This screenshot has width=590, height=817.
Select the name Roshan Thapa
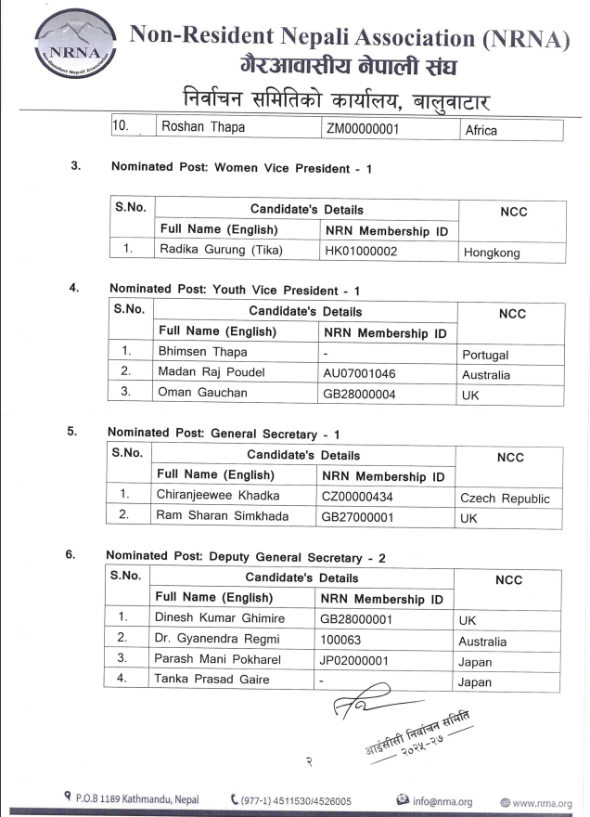click(203, 128)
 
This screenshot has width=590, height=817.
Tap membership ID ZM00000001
click(362, 129)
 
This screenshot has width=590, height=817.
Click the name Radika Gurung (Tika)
click(220, 250)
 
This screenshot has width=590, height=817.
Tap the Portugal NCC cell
click(484, 355)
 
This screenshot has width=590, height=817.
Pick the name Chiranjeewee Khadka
click(224, 496)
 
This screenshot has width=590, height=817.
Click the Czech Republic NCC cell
click(505, 499)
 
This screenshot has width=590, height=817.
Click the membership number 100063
click(340, 639)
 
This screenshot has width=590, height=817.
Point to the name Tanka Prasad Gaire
click(212, 680)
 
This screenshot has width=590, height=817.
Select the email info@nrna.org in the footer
click(442, 801)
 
